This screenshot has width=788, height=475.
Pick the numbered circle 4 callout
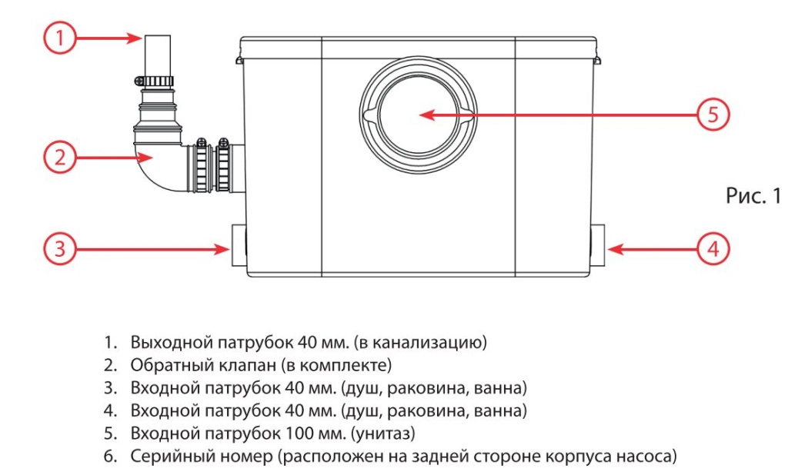coord(713,248)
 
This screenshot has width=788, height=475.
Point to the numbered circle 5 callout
coord(713,115)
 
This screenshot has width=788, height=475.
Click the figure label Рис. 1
coord(752,196)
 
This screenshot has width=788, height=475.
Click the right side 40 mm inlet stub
coord(599,247)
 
